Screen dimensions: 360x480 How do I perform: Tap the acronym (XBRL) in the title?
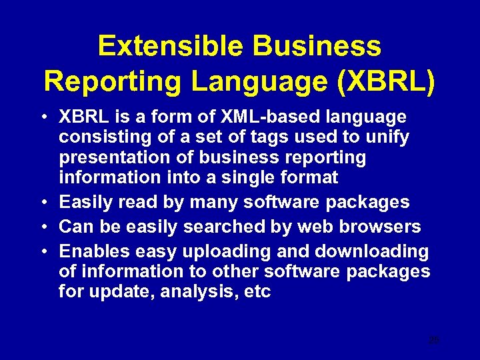pos(387,81)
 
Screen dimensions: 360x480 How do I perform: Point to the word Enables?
pos(94,251)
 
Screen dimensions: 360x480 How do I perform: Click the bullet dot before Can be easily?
pos(42,227)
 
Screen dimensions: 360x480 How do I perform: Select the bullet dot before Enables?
pos(42,251)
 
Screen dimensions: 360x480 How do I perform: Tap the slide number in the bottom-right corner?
pos(434,341)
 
